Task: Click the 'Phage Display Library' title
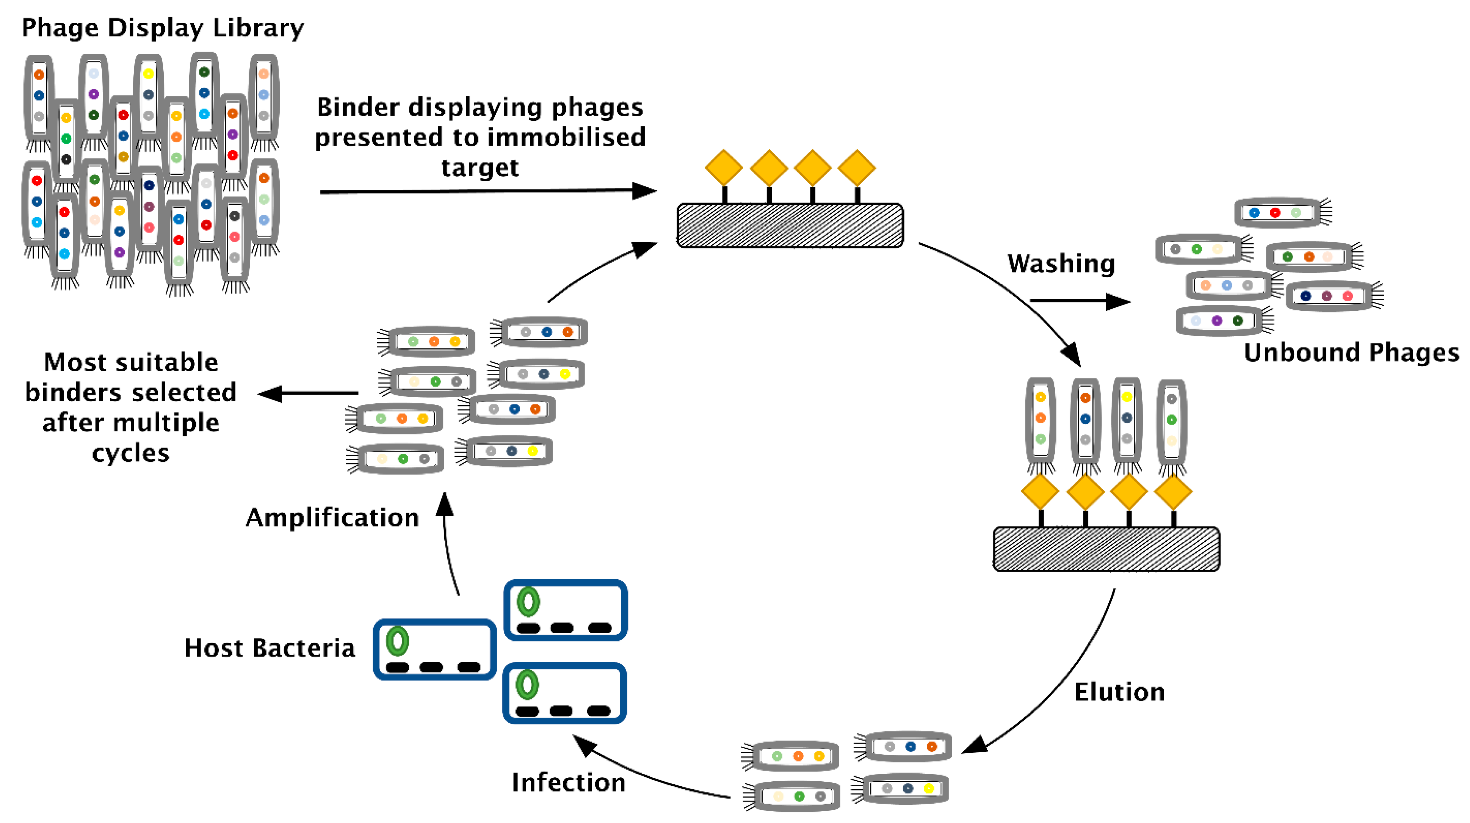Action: [x=163, y=27]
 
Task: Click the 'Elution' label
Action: [x=1119, y=692]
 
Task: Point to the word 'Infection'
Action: [x=568, y=782]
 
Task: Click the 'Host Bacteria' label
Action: [x=270, y=648]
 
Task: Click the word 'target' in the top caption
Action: [x=480, y=167]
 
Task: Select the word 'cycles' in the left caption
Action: [x=131, y=453]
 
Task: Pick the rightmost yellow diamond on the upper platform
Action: [x=857, y=168]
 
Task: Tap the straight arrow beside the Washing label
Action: [x=1078, y=301]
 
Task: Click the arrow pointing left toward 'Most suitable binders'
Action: [x=308, y=393]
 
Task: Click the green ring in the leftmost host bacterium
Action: [x=397, y=641]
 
